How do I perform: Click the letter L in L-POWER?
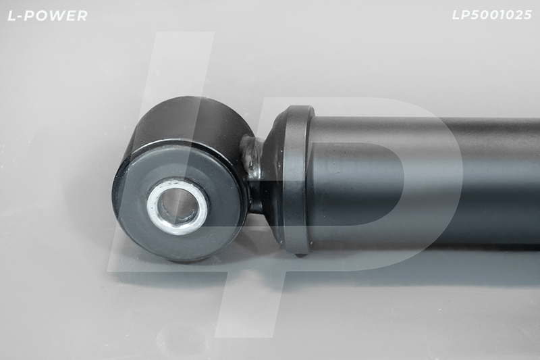11,16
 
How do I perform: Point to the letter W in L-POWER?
56,16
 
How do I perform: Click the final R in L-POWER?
82,16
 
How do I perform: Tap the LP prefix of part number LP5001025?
461,15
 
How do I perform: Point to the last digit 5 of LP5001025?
528,15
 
